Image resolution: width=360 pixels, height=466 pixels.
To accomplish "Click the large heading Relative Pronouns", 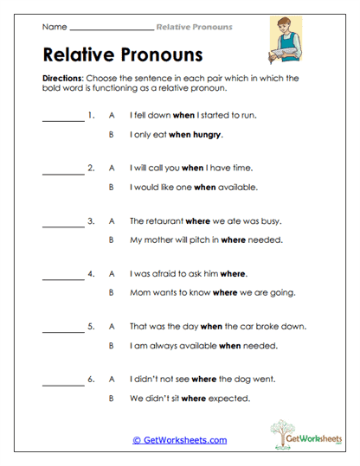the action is click(122, 55).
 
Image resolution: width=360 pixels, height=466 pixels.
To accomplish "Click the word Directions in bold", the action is click(61, 78).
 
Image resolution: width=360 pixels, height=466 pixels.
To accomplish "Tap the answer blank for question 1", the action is click(63, 117).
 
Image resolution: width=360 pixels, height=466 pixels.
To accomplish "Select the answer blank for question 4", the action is click(63, 276).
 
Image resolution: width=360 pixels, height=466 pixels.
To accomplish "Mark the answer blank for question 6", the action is click(63, 381).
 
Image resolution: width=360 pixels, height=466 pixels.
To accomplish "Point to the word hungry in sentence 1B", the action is click(209, 135).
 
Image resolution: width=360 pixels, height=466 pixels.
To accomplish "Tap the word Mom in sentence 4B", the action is click(139, 293).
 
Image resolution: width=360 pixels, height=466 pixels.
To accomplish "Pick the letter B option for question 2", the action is click(112, 187).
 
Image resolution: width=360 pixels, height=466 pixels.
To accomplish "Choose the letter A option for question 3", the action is click(112, 220).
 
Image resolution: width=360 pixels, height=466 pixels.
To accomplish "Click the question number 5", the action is click(92, 327).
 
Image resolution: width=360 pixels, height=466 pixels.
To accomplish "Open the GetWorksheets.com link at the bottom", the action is click(179, 439).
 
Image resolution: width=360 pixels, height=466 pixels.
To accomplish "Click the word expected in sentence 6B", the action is click(232, 399).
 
